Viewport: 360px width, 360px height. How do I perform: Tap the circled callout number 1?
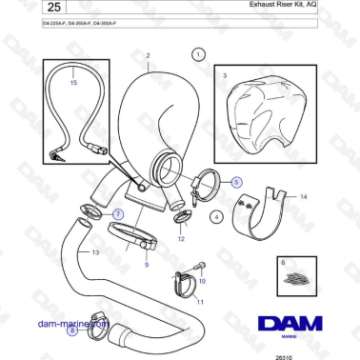[x=197, y=56]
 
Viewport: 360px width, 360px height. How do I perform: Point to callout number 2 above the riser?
[x=149, y=56]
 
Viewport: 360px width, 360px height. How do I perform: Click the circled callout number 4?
[x=216, y=217]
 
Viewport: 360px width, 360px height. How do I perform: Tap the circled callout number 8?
[x=73, y=330]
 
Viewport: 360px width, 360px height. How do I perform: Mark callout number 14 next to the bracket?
[x=303, y=197]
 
